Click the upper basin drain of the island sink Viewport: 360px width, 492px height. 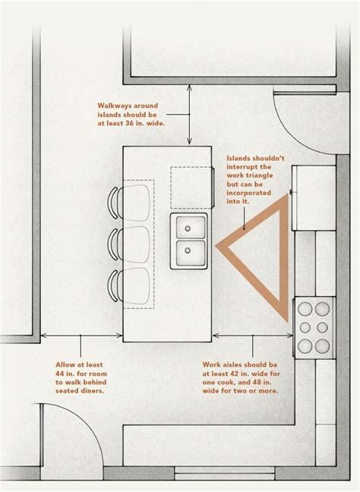tap(188, 229)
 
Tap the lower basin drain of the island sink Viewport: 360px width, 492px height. tap(188, 251)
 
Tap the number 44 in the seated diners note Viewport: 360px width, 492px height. tap(61, 374)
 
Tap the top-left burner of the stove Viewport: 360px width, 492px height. tap(305, 309)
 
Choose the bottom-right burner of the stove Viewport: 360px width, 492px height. tap(322, 346)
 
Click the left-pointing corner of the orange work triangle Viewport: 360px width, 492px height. tap(216, 246)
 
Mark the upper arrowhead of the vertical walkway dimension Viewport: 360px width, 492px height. tap(189, 87)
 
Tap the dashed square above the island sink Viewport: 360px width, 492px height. tap(191, 188)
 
